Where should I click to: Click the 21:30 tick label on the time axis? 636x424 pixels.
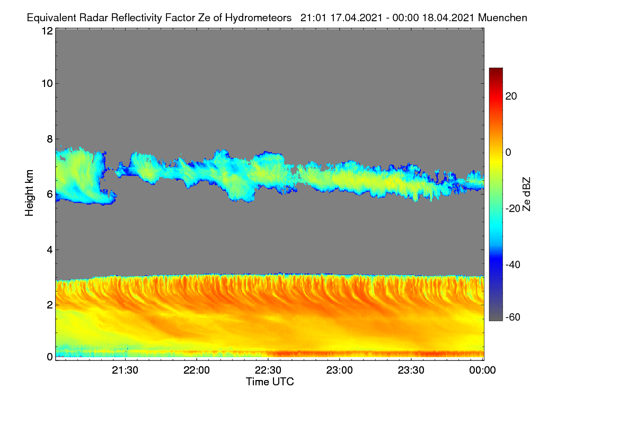[125, 370]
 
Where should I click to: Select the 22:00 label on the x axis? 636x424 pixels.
[197, 370]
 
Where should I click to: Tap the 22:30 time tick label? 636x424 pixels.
[268, 370]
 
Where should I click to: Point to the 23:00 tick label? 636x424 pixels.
[339, 370]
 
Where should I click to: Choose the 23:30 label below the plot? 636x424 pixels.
[411, 370]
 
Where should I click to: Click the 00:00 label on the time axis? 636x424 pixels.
[482, 370]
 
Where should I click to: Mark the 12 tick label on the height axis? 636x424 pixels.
[47, 31]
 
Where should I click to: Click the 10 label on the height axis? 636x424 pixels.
[47, 84]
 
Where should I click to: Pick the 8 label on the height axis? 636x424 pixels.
[50, 139]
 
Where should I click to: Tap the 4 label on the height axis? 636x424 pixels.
[50, 250]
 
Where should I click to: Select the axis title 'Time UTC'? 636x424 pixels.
[270, 382]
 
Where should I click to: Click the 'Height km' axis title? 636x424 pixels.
[29, 193]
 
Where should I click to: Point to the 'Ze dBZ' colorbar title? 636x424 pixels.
[526, 195]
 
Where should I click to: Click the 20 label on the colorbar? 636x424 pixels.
[511, 96]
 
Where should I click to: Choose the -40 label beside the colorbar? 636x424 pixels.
[513, 264]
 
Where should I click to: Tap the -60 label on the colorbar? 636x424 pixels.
[513, 317]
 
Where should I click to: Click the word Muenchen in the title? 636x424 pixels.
[502, 18]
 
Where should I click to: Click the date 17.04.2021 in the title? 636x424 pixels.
[356, 18]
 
